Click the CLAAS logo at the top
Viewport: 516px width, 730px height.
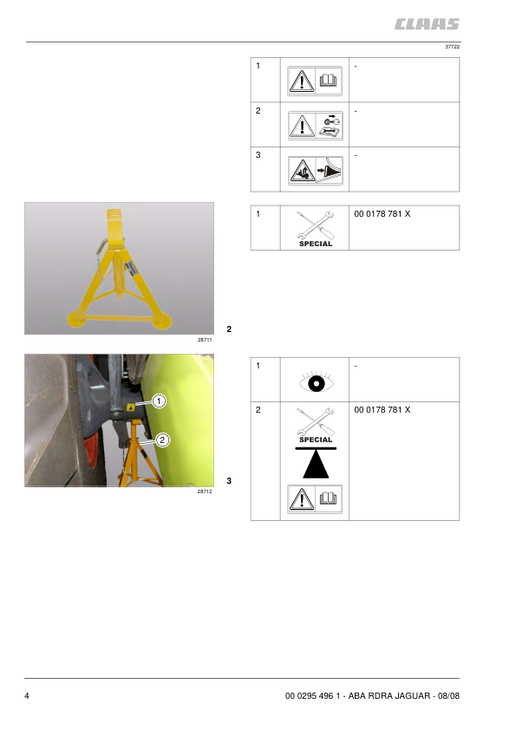pos(427,24)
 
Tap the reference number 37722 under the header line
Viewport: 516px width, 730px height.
pos(452,47)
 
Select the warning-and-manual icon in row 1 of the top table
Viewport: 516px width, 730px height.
pos(315,81)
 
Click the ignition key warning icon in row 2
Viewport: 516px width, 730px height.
pos(316,126)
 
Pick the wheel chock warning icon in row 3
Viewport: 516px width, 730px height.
pos(316,171)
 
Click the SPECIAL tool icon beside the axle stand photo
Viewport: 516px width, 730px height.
pos(316,229)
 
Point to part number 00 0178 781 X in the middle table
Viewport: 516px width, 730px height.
pos(382,213)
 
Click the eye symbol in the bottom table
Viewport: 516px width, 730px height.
pos(317,382)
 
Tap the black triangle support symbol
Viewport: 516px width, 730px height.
pos(316,463)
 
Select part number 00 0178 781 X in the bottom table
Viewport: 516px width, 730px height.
pos(382,410)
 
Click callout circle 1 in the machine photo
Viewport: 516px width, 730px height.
pos(160,401)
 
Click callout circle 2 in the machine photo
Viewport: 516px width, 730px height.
pos(162,440)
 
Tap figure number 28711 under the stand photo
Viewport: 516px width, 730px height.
pos(205,340)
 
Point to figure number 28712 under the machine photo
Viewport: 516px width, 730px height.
pos(205,492)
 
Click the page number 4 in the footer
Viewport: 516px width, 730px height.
pos(27,696)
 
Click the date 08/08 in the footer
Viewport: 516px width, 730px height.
pos(448,696)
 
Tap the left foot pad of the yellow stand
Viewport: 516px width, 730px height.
pos(76,319)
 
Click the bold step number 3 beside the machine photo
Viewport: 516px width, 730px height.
pos(229,481)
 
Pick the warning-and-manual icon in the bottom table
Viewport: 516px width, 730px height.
pos(315,499)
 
